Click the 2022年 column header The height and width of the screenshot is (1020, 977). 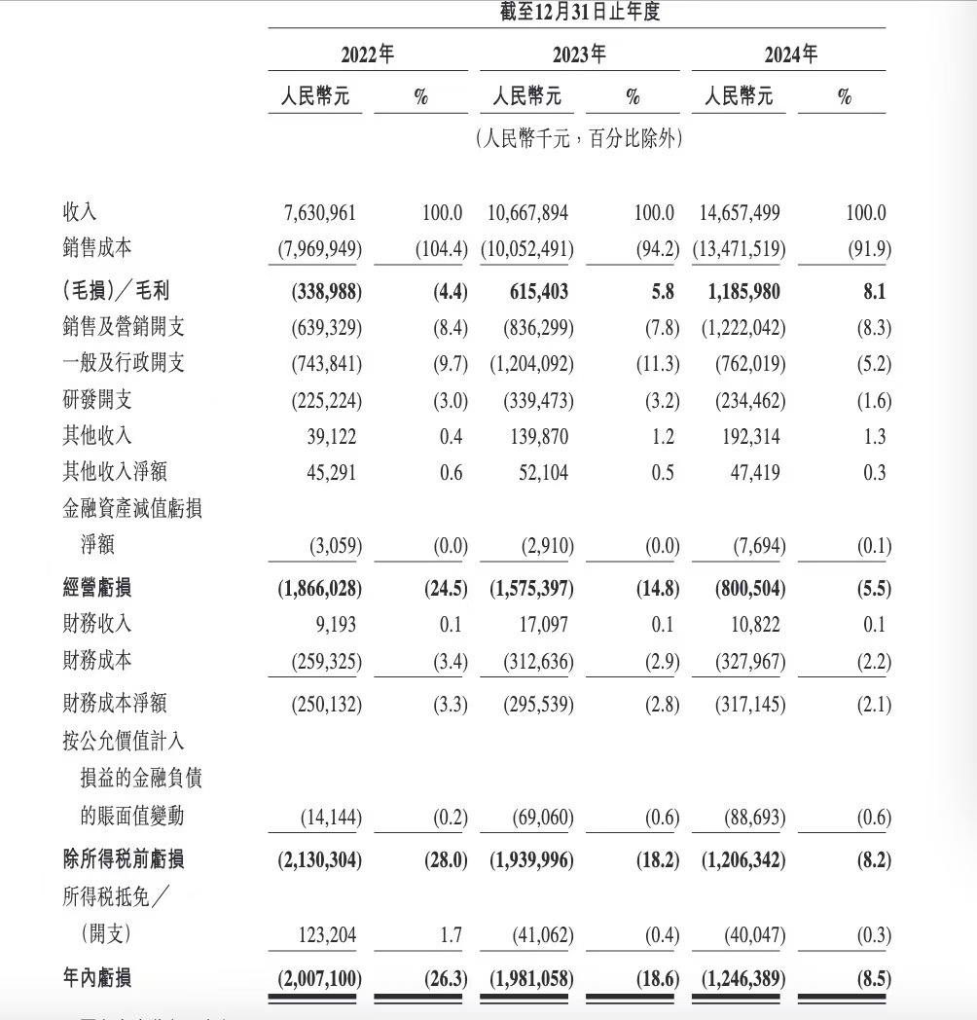point(367,54)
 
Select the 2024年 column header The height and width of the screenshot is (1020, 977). point(790,54)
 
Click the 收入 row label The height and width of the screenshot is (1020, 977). point(80,212)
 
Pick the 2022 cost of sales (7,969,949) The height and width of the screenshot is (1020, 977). point(317,249)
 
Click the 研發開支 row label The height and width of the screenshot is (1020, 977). point(96,399)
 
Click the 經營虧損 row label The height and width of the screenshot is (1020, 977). point(96,588)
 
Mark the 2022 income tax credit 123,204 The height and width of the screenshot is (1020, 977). point(325,935)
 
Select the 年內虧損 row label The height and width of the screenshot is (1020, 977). point(96,977)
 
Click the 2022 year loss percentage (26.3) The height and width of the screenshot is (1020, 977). point(446,977)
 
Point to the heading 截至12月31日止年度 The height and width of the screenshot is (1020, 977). point(578,13)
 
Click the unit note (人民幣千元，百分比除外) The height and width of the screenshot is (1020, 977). point(578,138)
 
